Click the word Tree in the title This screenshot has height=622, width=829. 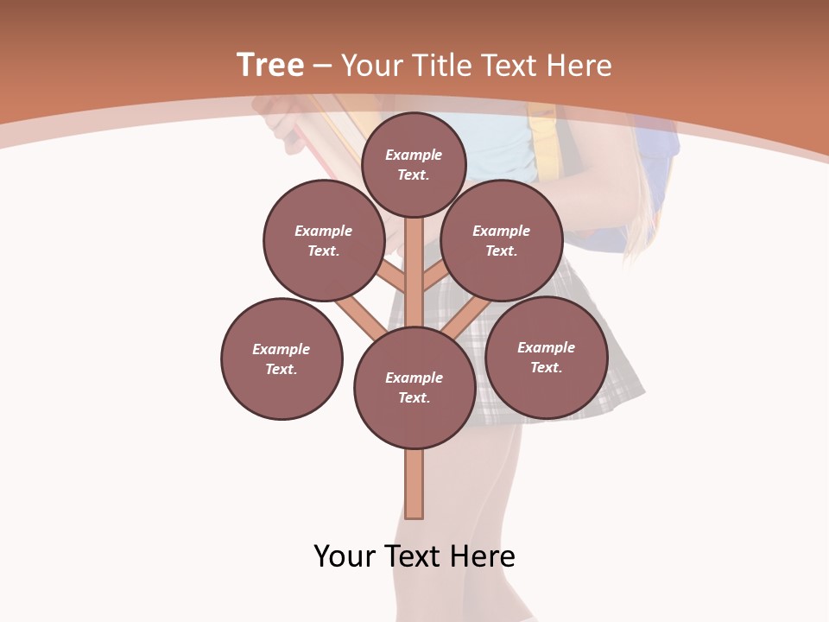tap(270, 66)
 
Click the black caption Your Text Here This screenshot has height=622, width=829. tap(414, 556)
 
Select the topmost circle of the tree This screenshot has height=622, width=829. tap(414, 164)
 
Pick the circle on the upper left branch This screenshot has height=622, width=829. tap(323, 240)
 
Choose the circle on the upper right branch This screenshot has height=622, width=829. tap(502, 240)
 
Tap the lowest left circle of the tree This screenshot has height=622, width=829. tap(282, 359)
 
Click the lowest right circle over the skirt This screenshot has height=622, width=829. tap(546, 357)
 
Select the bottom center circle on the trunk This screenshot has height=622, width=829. tap(414, 388)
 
